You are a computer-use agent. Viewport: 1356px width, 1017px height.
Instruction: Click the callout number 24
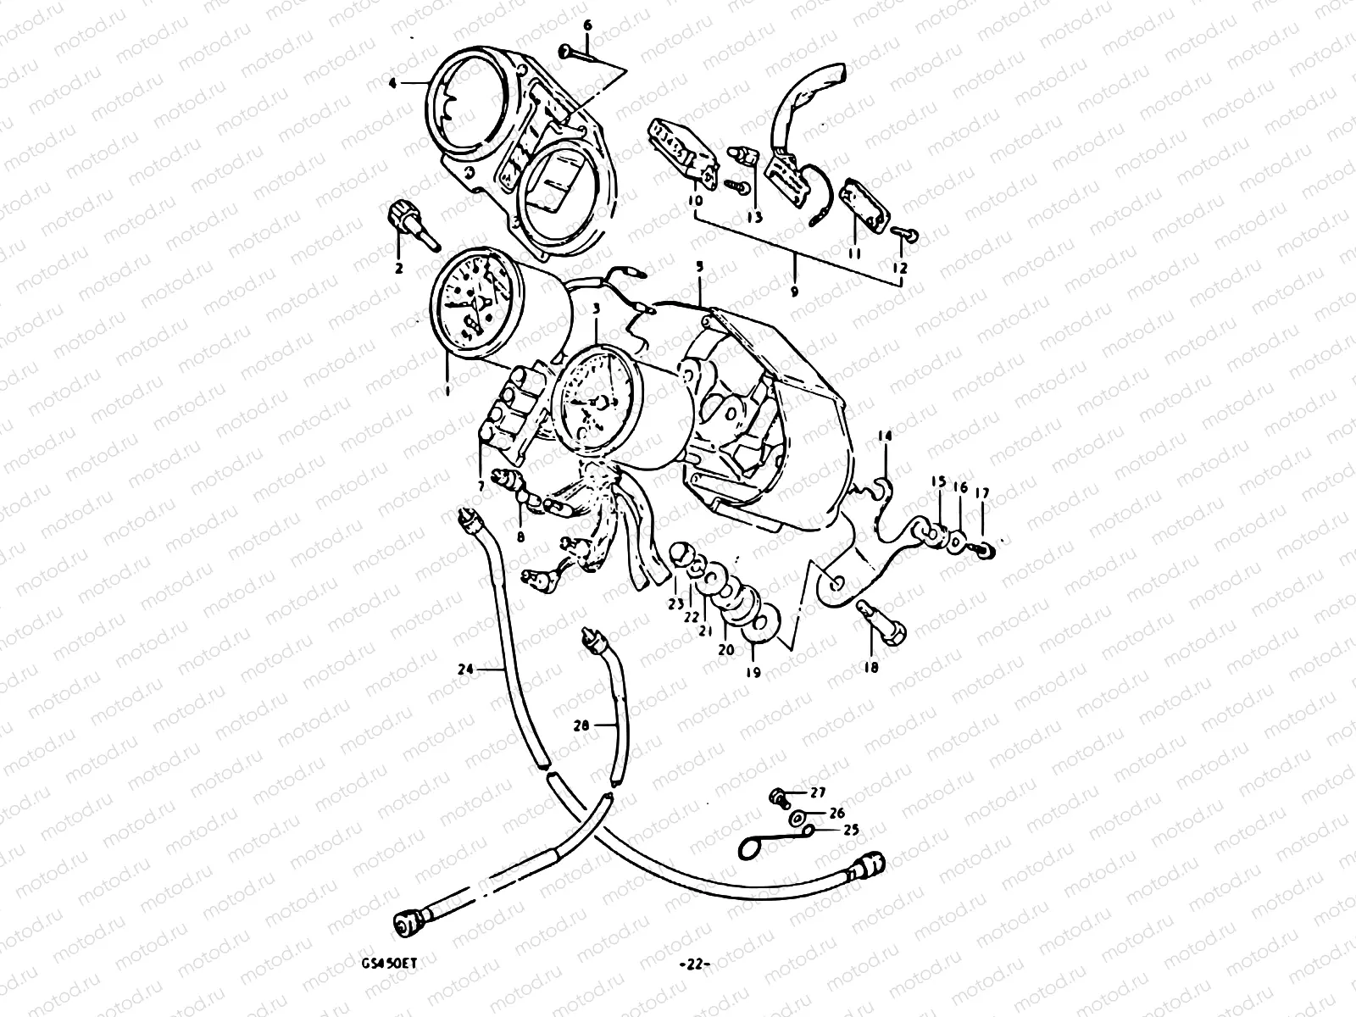coord(464,669)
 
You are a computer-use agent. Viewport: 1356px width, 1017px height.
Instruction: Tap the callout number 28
coord(580,725)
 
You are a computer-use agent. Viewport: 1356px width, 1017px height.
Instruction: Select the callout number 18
coord(870,667)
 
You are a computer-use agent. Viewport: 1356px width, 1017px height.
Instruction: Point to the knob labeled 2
coord(406,218)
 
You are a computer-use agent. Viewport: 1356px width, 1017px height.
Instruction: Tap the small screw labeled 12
coord(904,232)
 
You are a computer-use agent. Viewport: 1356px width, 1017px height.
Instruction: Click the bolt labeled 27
coord(776,797)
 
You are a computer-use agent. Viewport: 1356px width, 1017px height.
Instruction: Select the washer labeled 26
coord(798,818)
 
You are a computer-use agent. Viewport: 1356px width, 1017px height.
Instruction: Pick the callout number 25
coord(851,831)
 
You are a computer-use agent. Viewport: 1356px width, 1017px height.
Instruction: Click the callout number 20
coord(726,649)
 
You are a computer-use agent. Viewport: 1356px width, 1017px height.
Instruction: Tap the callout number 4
coord(392,82)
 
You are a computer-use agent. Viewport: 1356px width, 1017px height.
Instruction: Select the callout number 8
coord(520,536)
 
